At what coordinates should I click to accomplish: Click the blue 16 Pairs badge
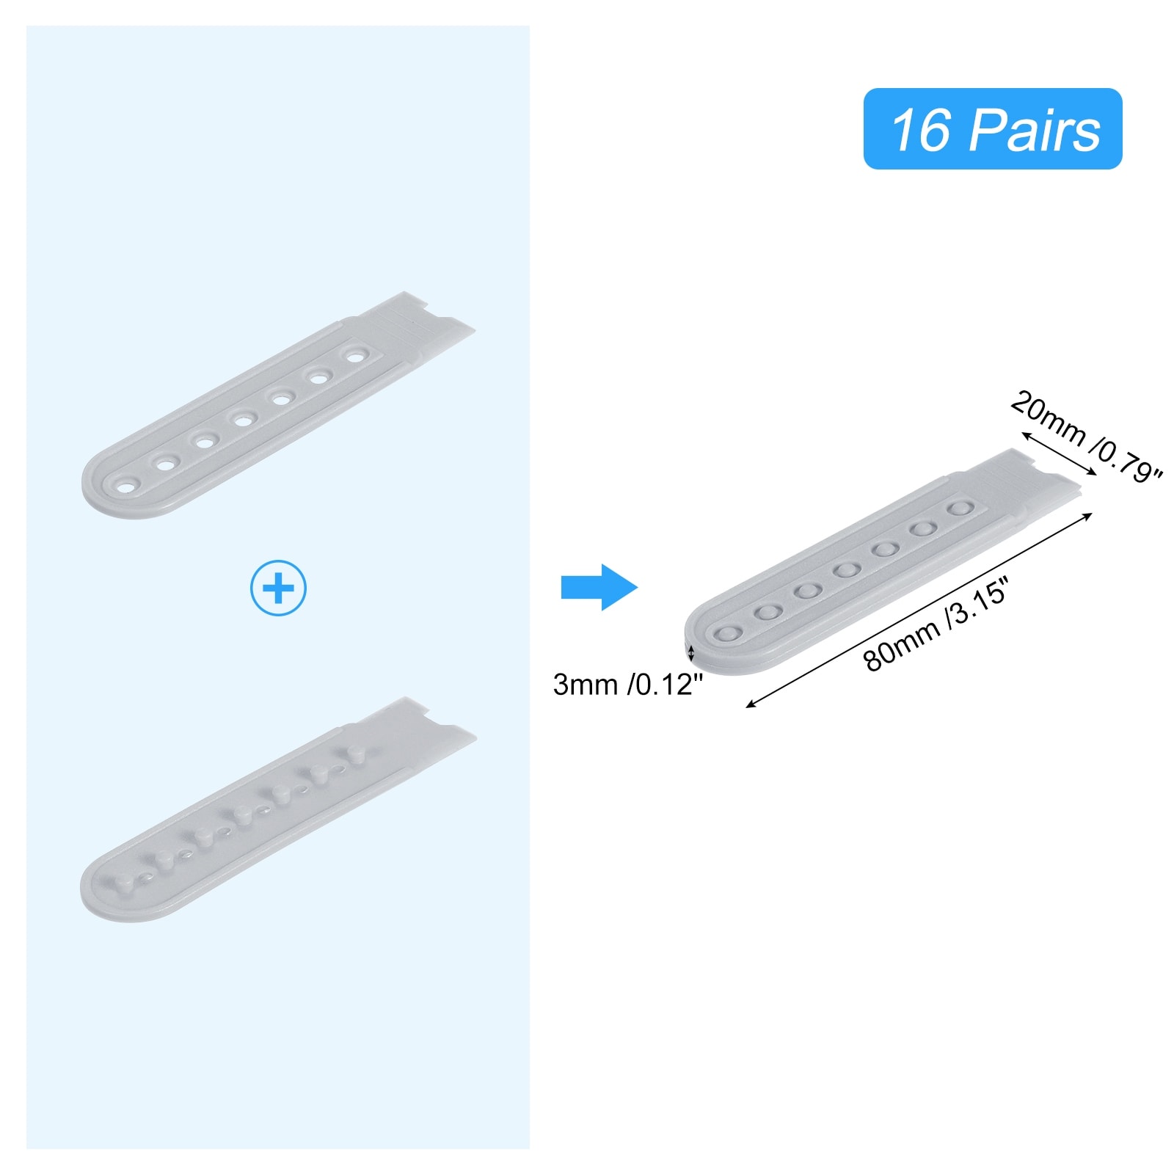click(992, 129)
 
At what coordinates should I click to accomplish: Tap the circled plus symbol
click(278, 588)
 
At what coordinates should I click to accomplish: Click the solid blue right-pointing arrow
click(599, 587)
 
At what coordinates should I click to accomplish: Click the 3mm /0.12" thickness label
click(627, 685)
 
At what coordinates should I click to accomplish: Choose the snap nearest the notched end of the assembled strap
click(957, 508)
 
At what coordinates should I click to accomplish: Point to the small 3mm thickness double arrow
click(690, 650)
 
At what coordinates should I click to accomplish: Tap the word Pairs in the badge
click(1035, 131)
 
